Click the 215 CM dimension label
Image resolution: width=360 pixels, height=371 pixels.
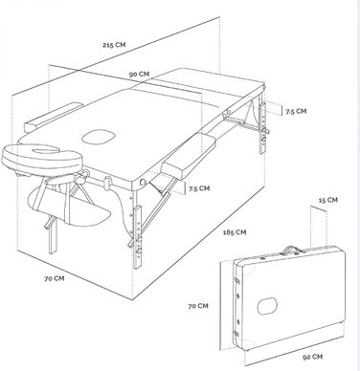click(114, 45)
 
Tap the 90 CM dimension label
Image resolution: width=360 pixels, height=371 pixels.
click(139, 74)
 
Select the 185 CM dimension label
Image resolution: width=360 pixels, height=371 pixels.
click(235, 232)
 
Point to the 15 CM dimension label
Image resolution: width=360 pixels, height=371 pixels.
click(328, 200)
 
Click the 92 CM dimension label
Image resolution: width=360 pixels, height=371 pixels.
click(312, 357)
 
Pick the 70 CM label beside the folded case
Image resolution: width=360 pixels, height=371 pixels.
click(198, 306)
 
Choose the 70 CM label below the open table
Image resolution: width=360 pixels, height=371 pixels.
click(55, 278)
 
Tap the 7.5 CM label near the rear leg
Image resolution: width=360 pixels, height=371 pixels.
click(296, 111)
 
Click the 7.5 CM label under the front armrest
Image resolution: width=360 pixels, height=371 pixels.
click(199, 188)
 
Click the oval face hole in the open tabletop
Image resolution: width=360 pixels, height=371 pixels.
click(99, 137)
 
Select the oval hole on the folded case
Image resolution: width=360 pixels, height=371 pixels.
click(267, 306)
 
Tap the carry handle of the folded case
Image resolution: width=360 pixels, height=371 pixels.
click(290, 251)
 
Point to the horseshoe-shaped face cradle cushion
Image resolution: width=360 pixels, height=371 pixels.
click(41, 159)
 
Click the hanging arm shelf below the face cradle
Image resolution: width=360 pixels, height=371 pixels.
click(69, 207)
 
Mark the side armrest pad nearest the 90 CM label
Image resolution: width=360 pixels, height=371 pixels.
click(54, 117)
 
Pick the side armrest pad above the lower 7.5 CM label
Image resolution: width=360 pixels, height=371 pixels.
click(189, 155)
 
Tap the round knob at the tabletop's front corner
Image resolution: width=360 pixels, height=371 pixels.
click(143, 183)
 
